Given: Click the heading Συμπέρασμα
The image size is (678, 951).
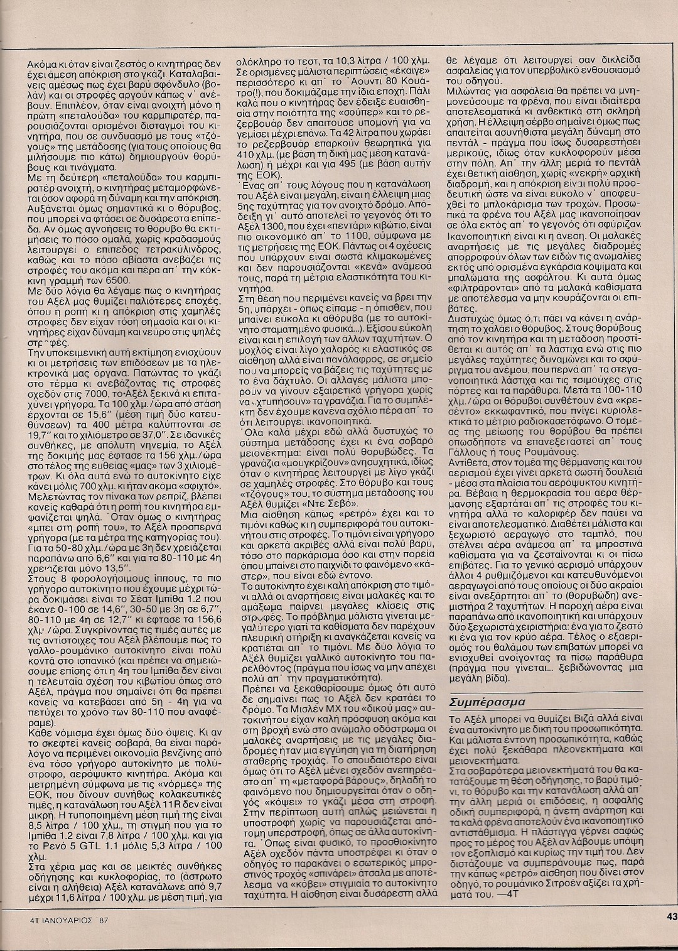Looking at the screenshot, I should click(489, 700).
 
